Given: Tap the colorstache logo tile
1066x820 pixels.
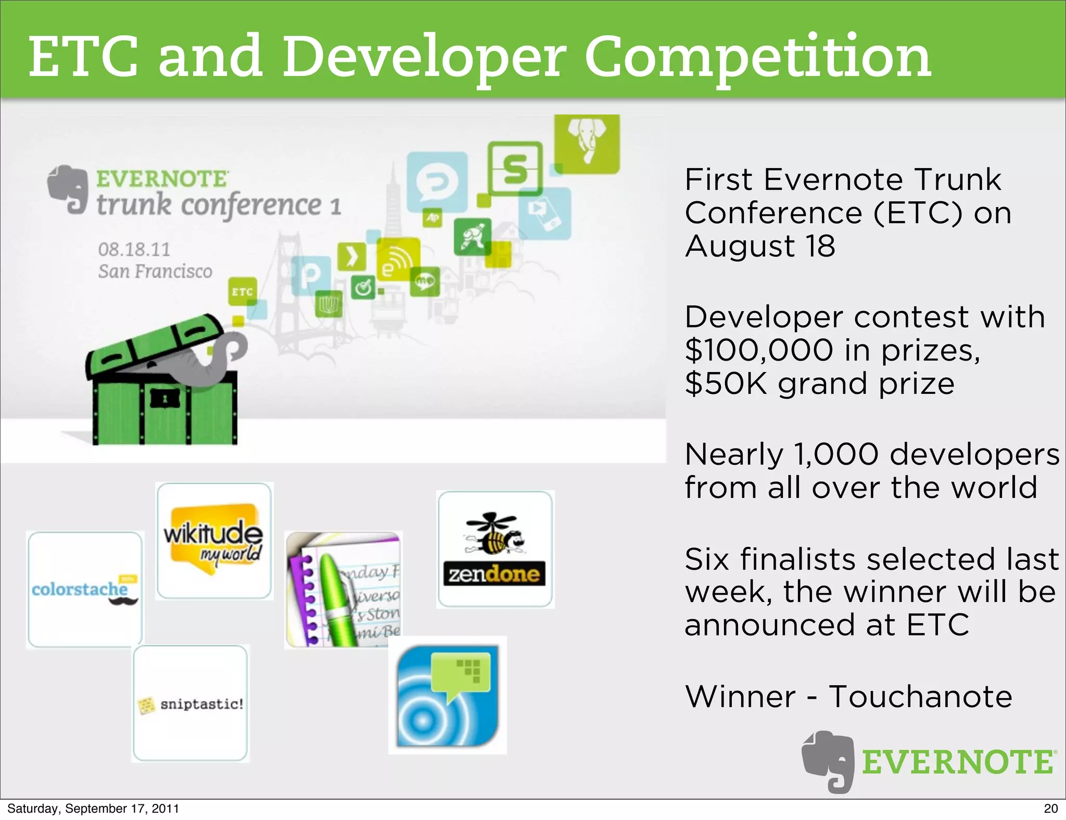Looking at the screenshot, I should click(x=85, y=590).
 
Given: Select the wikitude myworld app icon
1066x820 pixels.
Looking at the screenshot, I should click(x=214, y=541).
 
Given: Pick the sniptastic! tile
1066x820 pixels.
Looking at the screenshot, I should click(x=191, y=703).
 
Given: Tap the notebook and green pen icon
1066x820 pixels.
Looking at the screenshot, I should click(x=343, y=590).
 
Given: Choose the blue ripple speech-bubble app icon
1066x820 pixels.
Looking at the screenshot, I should click(x=447, y=695).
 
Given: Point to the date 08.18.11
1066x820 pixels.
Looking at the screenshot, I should click(x=134, y=249).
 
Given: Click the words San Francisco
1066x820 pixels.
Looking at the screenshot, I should click(x=155, y=271).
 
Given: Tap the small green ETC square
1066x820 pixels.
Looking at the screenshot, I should click(x=243, y=291).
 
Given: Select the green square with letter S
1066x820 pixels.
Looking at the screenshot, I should click(x=515, y=169).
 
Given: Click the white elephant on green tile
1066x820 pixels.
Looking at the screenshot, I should click(x=587, y=144).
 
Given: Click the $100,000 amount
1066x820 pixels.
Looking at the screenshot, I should click(x=759, y=350).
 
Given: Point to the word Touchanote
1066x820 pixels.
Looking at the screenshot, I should click(x=920, y=696).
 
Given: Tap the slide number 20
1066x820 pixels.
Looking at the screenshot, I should click(x=1050, y=809).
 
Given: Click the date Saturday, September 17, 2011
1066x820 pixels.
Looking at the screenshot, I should click(x=93, y=809).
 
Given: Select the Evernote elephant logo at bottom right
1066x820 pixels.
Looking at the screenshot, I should click(x=828, y=761).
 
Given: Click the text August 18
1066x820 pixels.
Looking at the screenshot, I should click(x=759, y=246).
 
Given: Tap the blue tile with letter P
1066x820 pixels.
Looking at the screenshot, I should click(x=311, y=275).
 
